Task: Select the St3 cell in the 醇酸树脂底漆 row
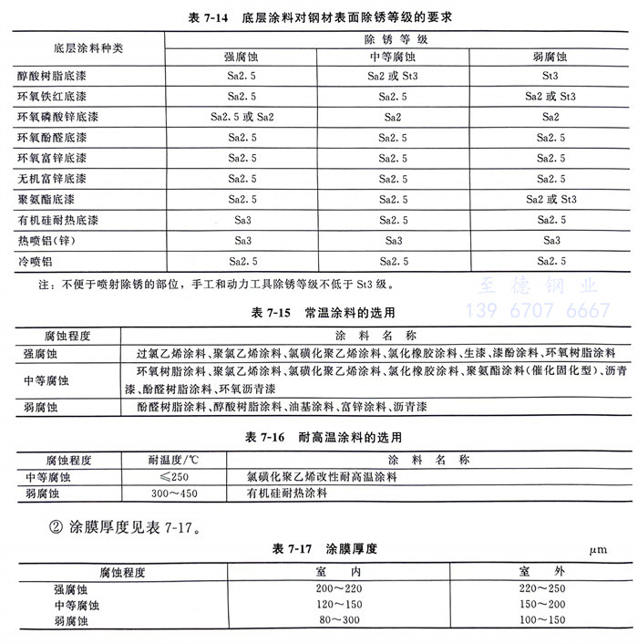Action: tap(551, 78)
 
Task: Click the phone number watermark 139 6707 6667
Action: tap(538, 310)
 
